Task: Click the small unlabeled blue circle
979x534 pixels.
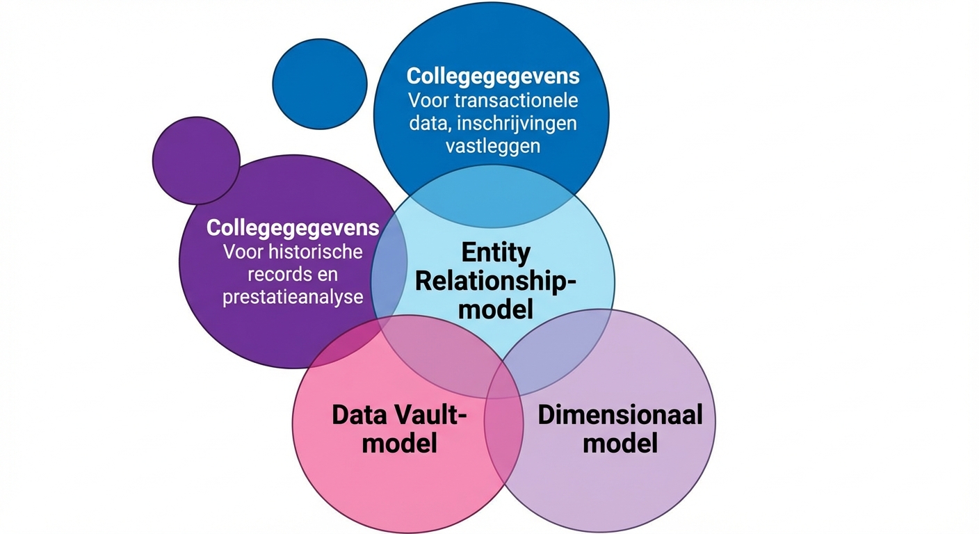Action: click(x=320, y=83)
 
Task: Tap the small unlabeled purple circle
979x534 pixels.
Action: click(x=196, y=160)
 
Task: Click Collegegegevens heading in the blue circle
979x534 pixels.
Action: click(x=493, y=76)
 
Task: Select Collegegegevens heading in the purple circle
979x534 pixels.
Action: click(x=293, y=227)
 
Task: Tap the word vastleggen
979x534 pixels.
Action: click(x=494, y=147)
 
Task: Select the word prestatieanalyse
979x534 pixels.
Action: click(x=293, y=297)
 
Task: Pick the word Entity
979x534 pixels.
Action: click(x=495, y=252)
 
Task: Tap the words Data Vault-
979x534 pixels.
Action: click(x=399, y=415)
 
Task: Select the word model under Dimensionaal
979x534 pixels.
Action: click(x=620, y=443)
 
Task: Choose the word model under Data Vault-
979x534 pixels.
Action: click(x=399, y=443)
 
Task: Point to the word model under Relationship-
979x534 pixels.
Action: click(x=495, y=309)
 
